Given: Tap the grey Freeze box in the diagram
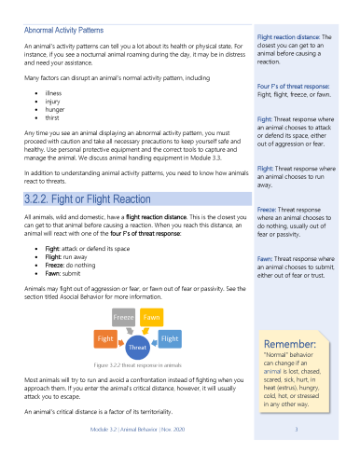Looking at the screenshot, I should click(126, 316).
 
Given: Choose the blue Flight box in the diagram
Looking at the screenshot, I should click(170, 338).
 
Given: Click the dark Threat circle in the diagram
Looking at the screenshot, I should click(138, 346).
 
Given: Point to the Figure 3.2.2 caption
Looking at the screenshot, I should click(138, 366).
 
